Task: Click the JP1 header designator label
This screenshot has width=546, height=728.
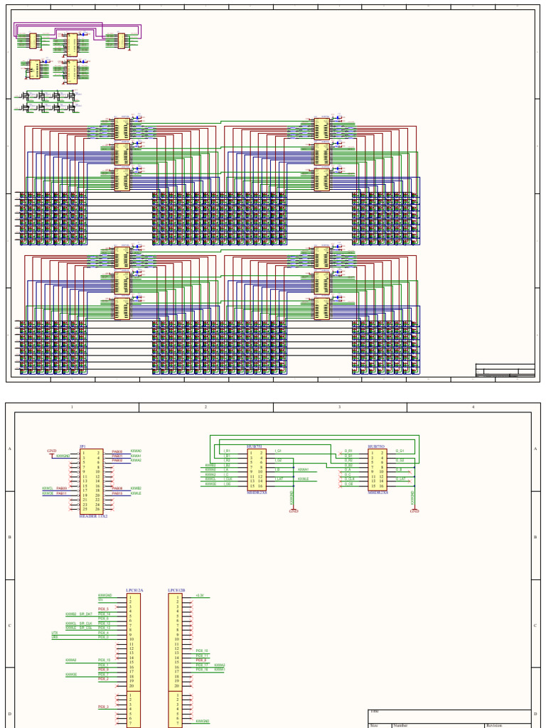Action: (x=82, y=446)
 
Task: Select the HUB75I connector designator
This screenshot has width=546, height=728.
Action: (x=254, y=446)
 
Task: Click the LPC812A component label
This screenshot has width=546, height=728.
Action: (x=134, y=590)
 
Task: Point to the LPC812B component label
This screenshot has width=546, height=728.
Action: (x=176, y=590)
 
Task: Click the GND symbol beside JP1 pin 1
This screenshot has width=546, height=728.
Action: (x=51, y=451)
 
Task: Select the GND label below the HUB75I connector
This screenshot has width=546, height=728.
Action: (x=293, y=510)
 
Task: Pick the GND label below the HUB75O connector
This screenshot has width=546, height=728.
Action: (x=414, y=510)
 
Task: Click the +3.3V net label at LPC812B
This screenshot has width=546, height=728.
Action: (x=200, y=595)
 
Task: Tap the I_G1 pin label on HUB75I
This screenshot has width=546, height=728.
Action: (x=278, y=451)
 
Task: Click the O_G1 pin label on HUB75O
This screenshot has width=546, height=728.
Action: (x=400, y=451)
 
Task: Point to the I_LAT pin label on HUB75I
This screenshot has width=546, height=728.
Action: (x=279, y=479)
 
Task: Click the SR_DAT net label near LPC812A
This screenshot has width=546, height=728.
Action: (x=85, y=614)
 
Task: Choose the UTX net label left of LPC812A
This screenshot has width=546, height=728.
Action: (x=55, y=632)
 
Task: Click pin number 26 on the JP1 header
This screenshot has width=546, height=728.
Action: (x=98, y=509)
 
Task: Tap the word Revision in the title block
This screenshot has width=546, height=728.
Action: (x=494, y=725)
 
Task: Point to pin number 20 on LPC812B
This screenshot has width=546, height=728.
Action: (x=176, y=685)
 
